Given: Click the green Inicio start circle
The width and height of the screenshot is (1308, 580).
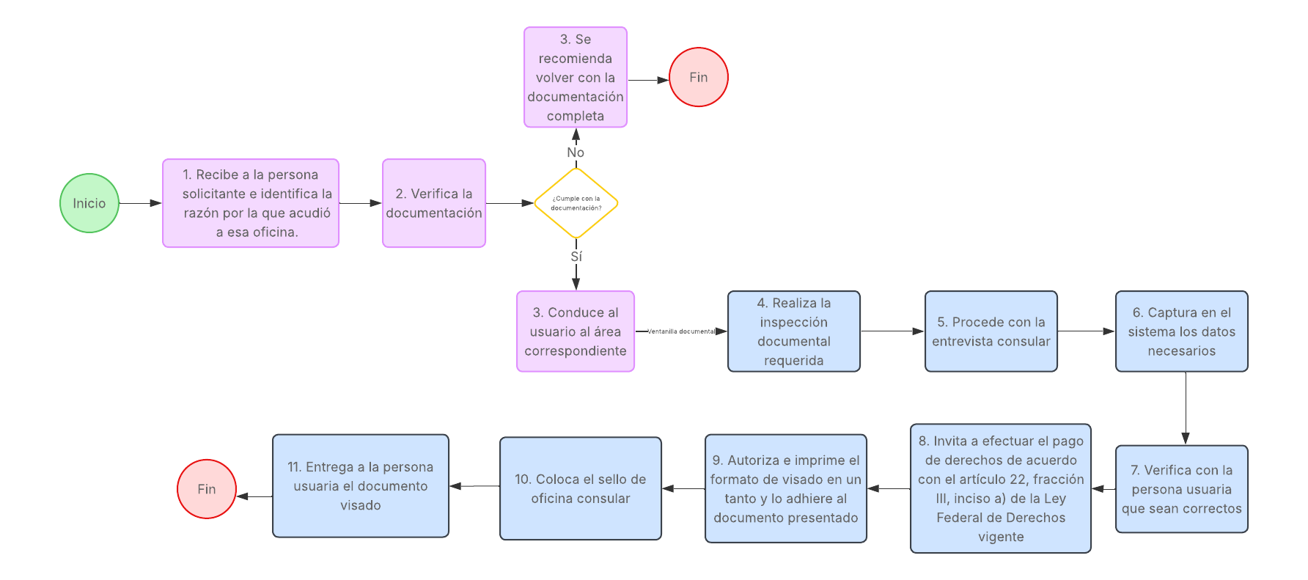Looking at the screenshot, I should [89, 203].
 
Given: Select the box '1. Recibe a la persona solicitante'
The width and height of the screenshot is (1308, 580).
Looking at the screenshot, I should [251, 203].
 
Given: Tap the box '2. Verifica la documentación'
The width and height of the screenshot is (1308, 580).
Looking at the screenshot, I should [434, 203].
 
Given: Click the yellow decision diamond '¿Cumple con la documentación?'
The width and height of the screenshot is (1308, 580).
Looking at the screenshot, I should [576, 203].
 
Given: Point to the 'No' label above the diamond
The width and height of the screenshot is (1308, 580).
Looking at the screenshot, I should [576, 153].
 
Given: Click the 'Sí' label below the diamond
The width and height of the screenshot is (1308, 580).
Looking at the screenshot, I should [576, 257].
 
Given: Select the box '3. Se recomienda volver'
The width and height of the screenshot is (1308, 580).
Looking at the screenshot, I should [576, 77].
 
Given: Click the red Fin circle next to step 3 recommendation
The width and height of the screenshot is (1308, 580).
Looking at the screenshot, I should [699, 77].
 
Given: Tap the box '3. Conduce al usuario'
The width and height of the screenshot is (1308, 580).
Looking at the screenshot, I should [576, 331].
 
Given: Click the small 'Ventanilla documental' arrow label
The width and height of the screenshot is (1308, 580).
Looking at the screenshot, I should [682, 331].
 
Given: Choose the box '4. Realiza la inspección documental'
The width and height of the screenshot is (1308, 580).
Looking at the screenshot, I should [794, 331].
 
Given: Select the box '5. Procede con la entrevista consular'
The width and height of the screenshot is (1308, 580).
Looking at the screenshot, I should [991, 331].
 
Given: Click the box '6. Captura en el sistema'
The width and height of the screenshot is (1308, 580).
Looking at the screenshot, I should [1182, 331].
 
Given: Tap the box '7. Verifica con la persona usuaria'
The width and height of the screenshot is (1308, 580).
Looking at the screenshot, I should [1182, 489].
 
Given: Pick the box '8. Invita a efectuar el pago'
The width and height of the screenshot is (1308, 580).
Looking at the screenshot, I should [1001, 488].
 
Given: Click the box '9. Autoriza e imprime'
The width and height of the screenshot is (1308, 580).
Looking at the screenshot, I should [786, 488].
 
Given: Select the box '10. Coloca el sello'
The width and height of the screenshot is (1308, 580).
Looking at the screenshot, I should [581, 488].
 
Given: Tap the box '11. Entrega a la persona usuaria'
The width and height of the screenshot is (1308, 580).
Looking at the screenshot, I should [361, 486].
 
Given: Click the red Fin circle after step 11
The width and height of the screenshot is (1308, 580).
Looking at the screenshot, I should [207, 489].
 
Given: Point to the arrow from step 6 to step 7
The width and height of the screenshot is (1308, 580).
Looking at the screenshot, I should [1186, 408].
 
